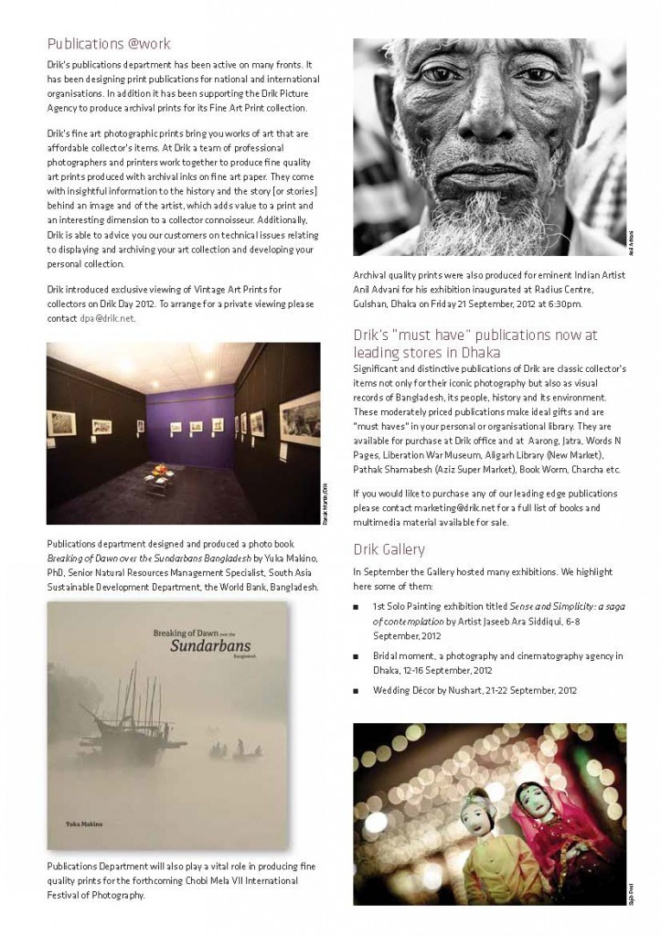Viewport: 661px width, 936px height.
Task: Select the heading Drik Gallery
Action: [x=389, y=549]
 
